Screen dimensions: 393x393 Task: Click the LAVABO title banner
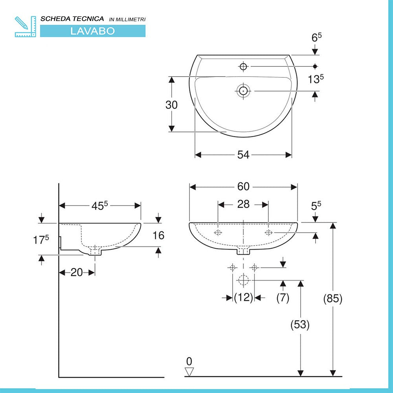92,31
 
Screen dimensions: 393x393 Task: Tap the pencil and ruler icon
25,27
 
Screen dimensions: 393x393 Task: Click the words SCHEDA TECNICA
72,19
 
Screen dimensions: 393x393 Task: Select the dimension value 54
243,155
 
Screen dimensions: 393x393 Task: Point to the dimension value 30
171,105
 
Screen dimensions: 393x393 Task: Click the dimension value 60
243,187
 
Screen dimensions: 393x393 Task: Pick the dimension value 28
243,204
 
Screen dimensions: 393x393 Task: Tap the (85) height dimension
333,299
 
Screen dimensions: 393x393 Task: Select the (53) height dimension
300,325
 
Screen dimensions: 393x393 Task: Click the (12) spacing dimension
243,298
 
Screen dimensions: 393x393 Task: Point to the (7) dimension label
283,298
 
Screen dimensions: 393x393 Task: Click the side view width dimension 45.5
100,205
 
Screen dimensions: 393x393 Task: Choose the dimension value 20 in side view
77,272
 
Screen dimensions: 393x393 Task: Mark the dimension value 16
158,235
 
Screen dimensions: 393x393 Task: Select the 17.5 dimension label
41,239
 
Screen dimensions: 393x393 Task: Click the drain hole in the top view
243,91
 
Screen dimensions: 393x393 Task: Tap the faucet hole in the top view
243,67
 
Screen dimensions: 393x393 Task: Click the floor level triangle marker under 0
190,371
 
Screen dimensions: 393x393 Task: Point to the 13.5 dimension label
316,79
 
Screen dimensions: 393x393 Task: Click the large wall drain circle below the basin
243,280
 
